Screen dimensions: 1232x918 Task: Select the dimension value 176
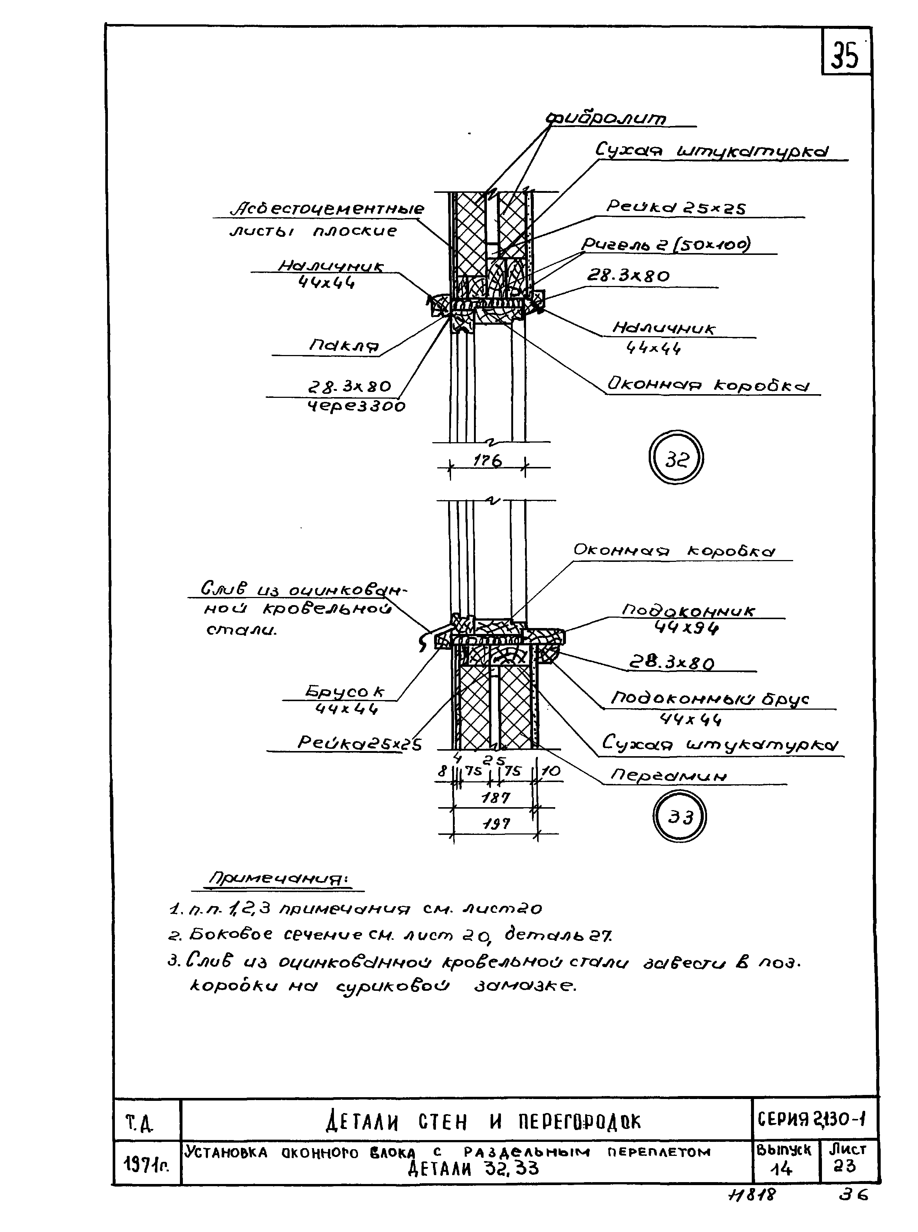click(487, 461)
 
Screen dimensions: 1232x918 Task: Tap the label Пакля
click(344, 346)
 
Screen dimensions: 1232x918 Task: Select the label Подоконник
click(688, 611)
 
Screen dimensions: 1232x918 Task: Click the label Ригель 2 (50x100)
click(665, 244)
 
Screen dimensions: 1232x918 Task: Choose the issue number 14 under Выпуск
click(785, 1169)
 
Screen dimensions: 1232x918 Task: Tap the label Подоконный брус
click(710, 699)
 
